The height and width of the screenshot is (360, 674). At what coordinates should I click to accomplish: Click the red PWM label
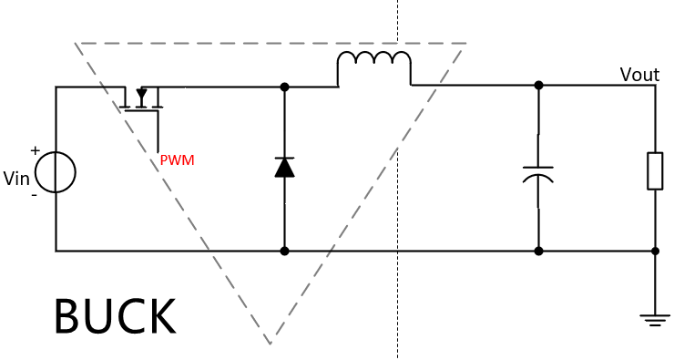(x=177, y=160)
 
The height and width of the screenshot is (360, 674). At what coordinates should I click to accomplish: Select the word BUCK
(x=115, y=316)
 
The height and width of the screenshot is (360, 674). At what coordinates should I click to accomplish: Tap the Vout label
(x=639, y=75)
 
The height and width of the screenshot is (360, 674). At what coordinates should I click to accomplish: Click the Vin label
(x=16, y=178)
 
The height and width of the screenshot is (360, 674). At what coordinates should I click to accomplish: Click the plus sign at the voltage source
(x=36, y=150)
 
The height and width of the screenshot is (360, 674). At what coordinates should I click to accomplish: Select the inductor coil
(x=374, y=54)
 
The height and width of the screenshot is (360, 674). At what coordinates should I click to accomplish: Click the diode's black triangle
(x=284, y=169)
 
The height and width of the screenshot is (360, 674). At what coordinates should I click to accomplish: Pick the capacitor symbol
(x=538, y=174)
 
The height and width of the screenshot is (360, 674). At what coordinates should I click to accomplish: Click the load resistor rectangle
(x=655, y=170)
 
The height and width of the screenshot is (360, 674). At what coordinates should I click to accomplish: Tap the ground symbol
(x=655, y=321)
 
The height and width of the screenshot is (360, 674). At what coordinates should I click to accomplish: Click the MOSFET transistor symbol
(x=141, y=99)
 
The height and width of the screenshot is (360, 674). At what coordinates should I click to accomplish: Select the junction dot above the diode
(x=284, y=87)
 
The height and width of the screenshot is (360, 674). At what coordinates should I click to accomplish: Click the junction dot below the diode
(x=284, y=251)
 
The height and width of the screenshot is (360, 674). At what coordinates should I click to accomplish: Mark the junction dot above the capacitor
(x=538, y=85)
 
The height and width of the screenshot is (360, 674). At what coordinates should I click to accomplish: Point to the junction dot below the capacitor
(x=538, y=251)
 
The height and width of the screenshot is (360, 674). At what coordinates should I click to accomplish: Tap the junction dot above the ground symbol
(x=655, y=251)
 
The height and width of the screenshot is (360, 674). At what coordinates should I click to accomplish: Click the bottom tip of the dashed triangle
(x=270, y=345)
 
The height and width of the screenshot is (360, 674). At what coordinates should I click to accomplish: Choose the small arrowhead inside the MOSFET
(x=141, y=93)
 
